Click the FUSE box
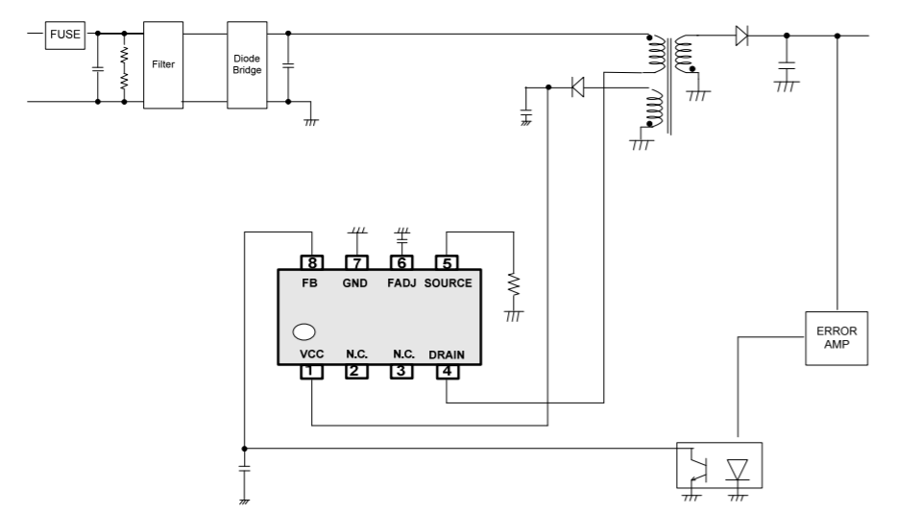(66, 36)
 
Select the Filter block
(163, 64)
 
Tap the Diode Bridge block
(247, 64)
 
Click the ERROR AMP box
(835, 337)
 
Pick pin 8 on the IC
(312, 262)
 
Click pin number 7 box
(357, 262)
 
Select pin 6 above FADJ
(402, 262)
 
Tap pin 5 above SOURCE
(448, 262)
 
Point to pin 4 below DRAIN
(448, 372)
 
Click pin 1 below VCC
(312, 372)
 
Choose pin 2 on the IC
(357, 372)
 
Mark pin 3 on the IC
(402, 372)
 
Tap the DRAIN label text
(447, 354)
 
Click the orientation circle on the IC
(304, 332)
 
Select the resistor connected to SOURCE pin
(514, 285)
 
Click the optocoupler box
(719, 467)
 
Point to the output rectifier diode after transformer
(741, 37)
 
